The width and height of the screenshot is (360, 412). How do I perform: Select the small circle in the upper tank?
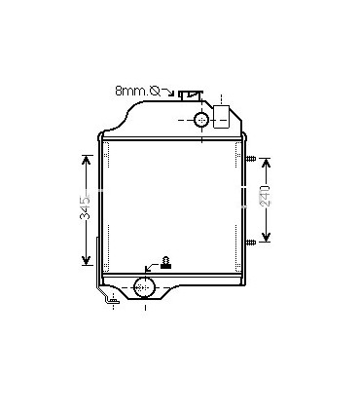click(201, 119)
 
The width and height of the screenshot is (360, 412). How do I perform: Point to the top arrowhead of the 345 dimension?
click(86, 156)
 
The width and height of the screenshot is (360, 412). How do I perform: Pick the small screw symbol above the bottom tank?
click(166, 259)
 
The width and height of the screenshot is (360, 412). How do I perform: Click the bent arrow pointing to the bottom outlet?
click(151, 266)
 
